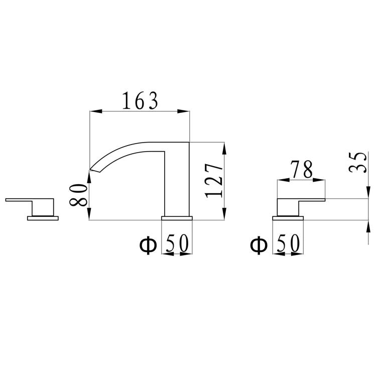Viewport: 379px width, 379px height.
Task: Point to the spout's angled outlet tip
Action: [x=94, y=168]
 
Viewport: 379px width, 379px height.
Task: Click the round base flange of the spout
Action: [x=176, y=217]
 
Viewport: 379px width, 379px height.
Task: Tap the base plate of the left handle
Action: [x=43, y=217]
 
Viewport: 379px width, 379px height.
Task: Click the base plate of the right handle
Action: [x=288, y=217]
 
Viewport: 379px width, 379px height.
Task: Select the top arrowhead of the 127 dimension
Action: [x=224, y=147]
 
